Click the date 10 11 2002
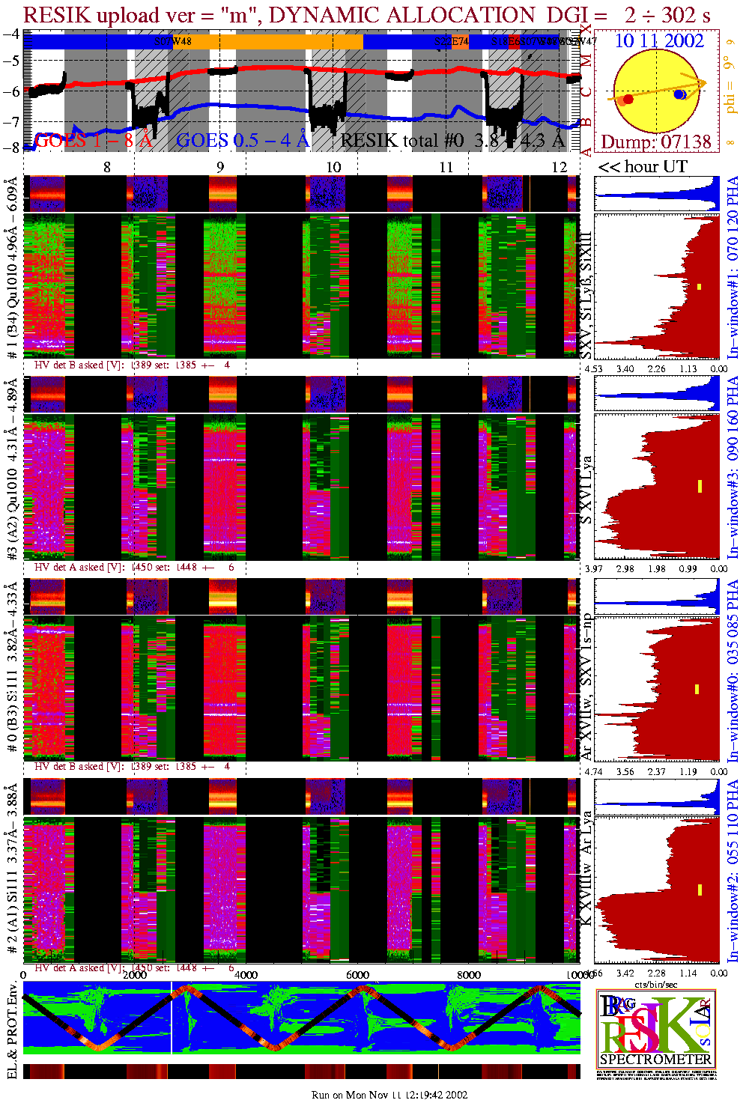click(659, 40)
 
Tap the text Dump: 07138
click(656, 142)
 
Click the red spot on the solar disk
click(628, 99)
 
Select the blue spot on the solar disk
click(679, 94)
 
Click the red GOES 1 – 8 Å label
click(94, 140)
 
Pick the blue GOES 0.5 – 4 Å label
click(243, 140)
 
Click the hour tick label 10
click(333, 167)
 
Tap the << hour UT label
click(642, 166)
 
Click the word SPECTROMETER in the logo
click(655, 1060)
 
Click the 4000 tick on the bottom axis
click(246, 975)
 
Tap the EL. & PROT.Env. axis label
click(11, 1037)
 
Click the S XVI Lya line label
click(587, 490)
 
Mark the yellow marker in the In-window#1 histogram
click(699, 287)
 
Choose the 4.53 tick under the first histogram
click(593, 368)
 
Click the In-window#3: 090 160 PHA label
click(733, 467)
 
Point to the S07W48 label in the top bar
click(173, 41)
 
